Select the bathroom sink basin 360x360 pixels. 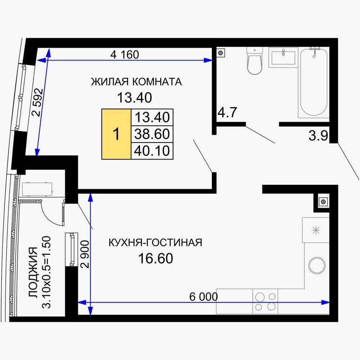pyautogui.click(x=283, y=58)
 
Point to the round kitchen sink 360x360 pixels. pyautogui.click(x=317, y=266)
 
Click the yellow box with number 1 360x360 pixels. pyautogui.click(x=116, y=134)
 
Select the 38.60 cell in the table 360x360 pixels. pyautogui.click(x=152, y=134)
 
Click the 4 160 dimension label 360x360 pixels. pyautogui.click(x=124, y=55)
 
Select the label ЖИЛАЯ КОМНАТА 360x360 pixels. pyautogui.click(x=136, y=82)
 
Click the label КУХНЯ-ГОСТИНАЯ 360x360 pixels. pyautogui.click(x=155, y=243)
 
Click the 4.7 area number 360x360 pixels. pyautogui.click(x=227, y=113)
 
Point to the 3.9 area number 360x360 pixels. pyautogui.click(x=319, y=136)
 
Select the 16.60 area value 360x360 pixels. pyautogui.click(x=156, y=258)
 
